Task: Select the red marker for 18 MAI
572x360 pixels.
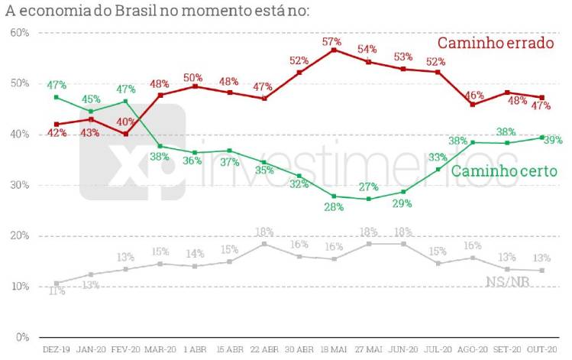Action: click(334, 50)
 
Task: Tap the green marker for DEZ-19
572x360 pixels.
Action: click(57, 98)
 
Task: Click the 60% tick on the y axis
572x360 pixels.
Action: click(20, 33)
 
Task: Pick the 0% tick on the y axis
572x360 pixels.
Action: click(23, 337)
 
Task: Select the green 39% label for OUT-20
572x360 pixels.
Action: click(553, 140)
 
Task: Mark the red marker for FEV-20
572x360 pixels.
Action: click(126, 134)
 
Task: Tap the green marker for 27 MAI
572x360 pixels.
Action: click(369, 199)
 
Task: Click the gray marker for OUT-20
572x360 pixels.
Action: click(542, 271)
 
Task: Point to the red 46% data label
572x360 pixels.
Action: click(473, 95)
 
